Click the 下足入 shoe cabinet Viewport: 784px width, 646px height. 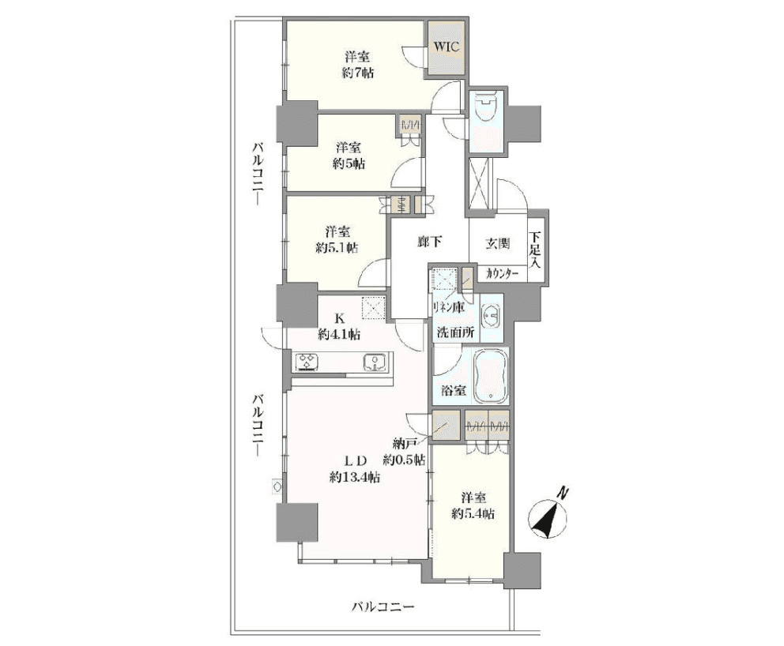[x=536, y=250]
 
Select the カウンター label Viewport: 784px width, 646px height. [x=503, y=273]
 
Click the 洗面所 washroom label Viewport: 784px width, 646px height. [x=456, y=332]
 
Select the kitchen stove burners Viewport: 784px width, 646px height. [x=307, y=362]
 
